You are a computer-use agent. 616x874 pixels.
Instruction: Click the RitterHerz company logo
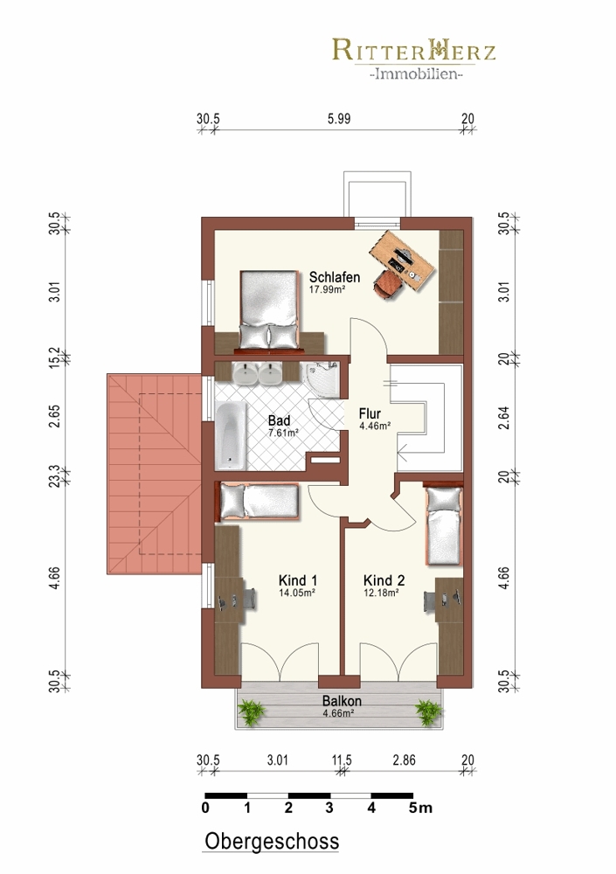414,59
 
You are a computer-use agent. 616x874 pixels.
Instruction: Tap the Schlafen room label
335,277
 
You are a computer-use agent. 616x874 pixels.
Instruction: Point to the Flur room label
370,413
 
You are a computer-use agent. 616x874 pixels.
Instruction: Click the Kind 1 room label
298,581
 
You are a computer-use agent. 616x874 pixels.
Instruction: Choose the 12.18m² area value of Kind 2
381,593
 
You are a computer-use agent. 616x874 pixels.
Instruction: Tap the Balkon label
342,701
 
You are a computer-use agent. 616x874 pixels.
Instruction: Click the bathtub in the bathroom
231,436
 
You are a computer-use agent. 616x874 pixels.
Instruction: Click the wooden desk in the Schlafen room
402,260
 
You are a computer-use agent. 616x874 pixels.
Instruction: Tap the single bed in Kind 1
260,502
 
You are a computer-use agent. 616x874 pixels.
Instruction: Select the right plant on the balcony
429,712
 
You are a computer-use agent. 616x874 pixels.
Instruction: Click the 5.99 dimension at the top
339,119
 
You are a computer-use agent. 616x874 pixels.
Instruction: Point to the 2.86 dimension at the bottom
404,760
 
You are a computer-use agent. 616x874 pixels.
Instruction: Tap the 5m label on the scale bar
420,808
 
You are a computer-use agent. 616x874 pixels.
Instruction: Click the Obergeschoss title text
272,841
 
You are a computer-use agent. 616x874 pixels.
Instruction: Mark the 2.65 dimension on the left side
54,416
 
